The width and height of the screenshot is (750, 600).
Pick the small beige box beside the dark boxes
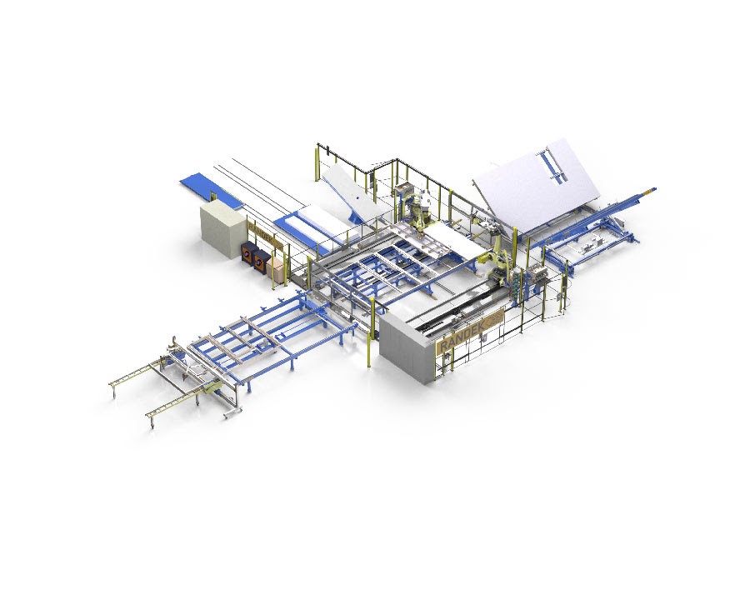click(x=274, y=265)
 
